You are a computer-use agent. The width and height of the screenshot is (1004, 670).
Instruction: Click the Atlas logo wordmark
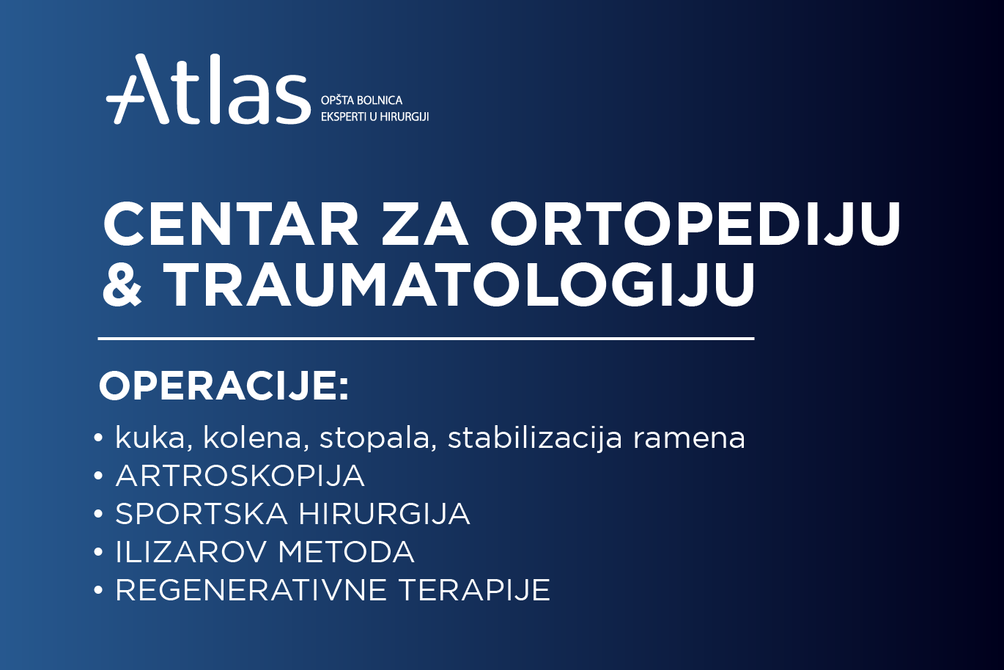point(209,91)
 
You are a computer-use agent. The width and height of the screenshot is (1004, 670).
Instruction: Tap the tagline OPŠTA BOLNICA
point(361,100)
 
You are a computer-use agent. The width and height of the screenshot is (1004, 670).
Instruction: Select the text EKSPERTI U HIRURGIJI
point(374,117)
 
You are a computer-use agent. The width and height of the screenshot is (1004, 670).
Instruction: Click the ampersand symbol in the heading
point(122,284)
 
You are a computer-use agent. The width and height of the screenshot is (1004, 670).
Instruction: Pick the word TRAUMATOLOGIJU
point(459,284)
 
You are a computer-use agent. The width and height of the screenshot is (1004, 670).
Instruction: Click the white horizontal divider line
point(425,339)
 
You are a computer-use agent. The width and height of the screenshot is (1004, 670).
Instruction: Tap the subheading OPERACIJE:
point(224,386)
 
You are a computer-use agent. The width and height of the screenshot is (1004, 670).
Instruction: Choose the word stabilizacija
point(535,439)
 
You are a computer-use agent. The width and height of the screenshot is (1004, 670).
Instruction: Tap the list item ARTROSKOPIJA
point(240,476)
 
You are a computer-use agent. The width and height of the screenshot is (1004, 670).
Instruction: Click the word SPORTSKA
point(202,514)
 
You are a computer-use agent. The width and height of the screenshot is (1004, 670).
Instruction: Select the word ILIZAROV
point(192,552)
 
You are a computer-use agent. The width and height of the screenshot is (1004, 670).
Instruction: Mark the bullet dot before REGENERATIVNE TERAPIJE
point(98,590)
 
